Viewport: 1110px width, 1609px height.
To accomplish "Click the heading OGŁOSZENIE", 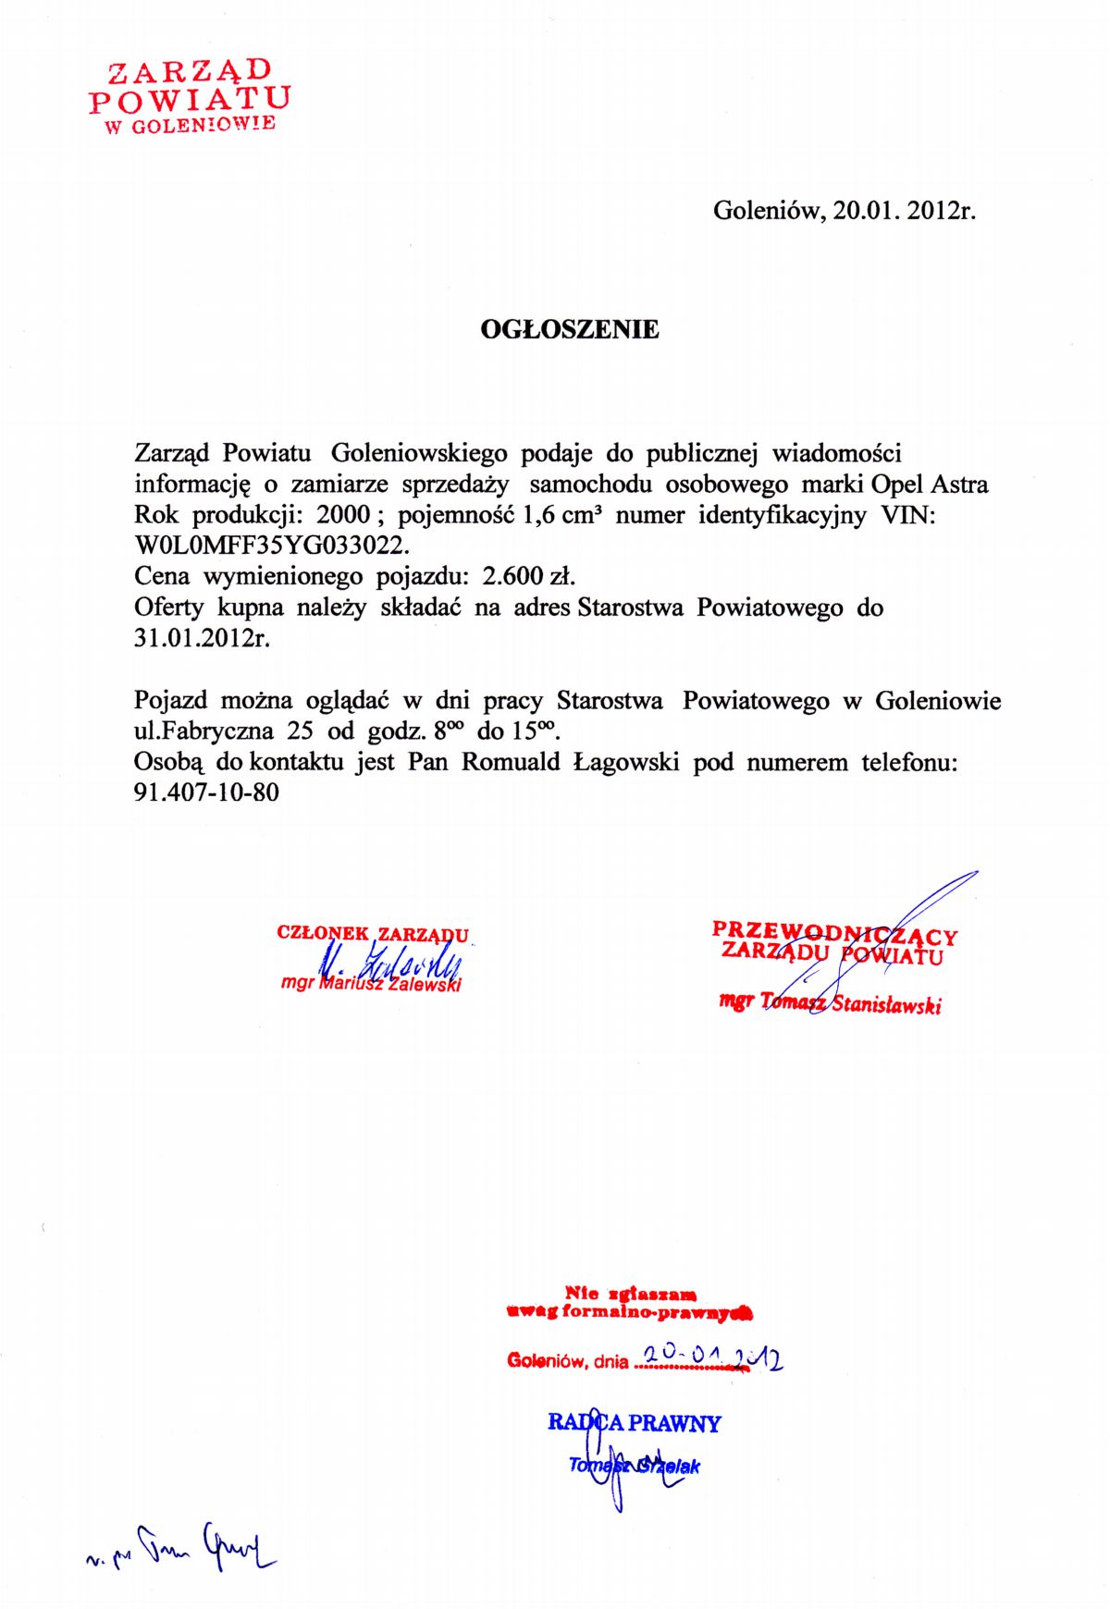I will coord(570,330).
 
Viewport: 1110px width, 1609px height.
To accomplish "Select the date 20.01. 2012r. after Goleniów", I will coord(904,211).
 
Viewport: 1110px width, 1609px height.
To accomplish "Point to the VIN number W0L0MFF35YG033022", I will coord(271,546).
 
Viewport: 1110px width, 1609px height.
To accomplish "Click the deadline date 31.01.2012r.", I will coord(202,639).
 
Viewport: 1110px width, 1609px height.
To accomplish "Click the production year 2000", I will coord(343,515).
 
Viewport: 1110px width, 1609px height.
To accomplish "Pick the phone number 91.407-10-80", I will coord(206,793).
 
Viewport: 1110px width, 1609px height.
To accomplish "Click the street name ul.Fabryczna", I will coord(203,731).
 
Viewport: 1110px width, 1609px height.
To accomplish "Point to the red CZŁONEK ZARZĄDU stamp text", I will coord(373,934).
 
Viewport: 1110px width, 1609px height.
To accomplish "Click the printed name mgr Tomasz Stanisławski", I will coord(830,1003).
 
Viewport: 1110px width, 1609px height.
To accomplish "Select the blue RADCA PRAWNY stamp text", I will coord(634,1423).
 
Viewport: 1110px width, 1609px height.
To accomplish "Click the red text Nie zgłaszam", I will coord(631,1295).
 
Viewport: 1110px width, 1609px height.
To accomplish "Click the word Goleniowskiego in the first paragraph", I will coord(419,454).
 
